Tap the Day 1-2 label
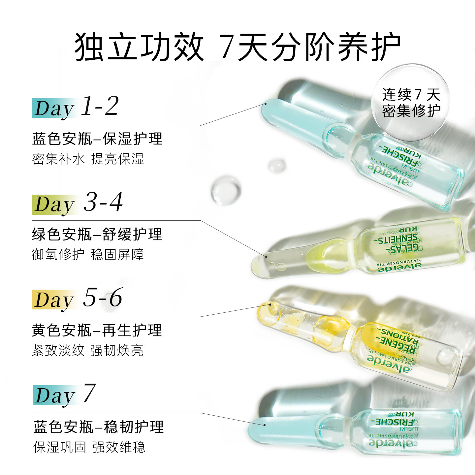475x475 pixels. (76, 107)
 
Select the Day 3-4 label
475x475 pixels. (78, 203)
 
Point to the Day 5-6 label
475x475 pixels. (78, 299)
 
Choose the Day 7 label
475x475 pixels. (65, 394)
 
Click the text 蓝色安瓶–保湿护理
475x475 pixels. (97, 139)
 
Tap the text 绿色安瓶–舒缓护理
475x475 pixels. (97, 235)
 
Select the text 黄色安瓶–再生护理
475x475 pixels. (97, 330)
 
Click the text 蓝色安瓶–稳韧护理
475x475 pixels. (98, 427)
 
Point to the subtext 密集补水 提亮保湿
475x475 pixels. (88, 159)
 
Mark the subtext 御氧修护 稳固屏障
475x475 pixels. (88, 254)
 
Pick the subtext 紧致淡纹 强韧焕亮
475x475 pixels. (88, 350)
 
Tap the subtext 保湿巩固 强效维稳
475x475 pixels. (89, 447)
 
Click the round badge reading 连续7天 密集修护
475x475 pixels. (411, 102)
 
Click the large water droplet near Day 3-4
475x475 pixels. (226, 191)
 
